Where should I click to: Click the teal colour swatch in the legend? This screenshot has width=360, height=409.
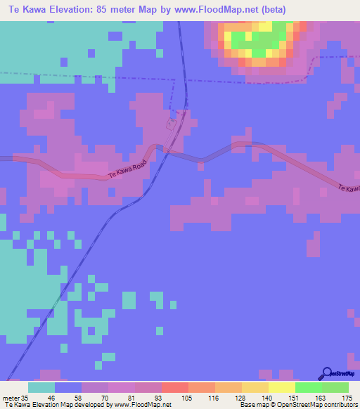coord(41,388)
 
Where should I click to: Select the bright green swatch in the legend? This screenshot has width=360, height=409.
coord(308,388)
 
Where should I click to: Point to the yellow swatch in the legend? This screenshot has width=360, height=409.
coord(281,388)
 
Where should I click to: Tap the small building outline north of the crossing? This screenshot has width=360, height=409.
coord(171,124)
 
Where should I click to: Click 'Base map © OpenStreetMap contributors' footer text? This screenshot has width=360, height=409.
coord(297,404)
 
